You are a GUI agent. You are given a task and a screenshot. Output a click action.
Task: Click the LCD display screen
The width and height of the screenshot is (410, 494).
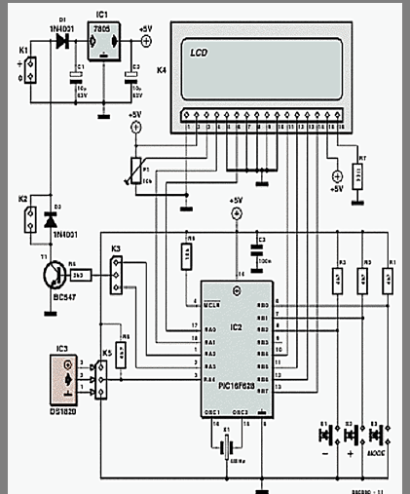click(x=259, y=65)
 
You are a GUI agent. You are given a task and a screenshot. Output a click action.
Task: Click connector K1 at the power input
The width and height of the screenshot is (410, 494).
click(x=30, y=71)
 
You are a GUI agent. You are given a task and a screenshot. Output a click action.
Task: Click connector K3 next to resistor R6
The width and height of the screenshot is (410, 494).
click(x=116, y=276)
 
